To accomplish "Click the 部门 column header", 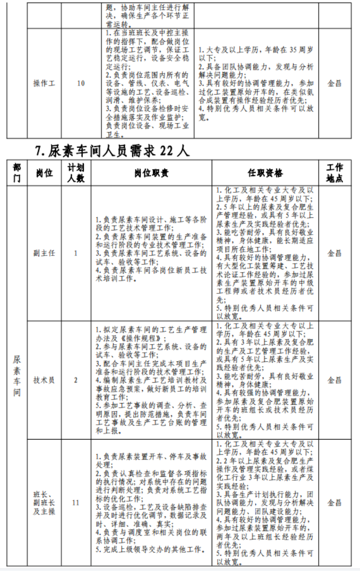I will tap(17, 173).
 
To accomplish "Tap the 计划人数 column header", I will tap(75, 173).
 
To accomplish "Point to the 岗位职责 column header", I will tap(151, 173).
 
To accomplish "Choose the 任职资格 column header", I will tap(265, 173).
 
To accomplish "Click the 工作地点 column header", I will tap(334, 173).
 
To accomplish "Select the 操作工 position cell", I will tap(44, 83).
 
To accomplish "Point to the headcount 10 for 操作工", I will tap(81, 83).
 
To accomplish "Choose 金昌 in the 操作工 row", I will tap(334, 83).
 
